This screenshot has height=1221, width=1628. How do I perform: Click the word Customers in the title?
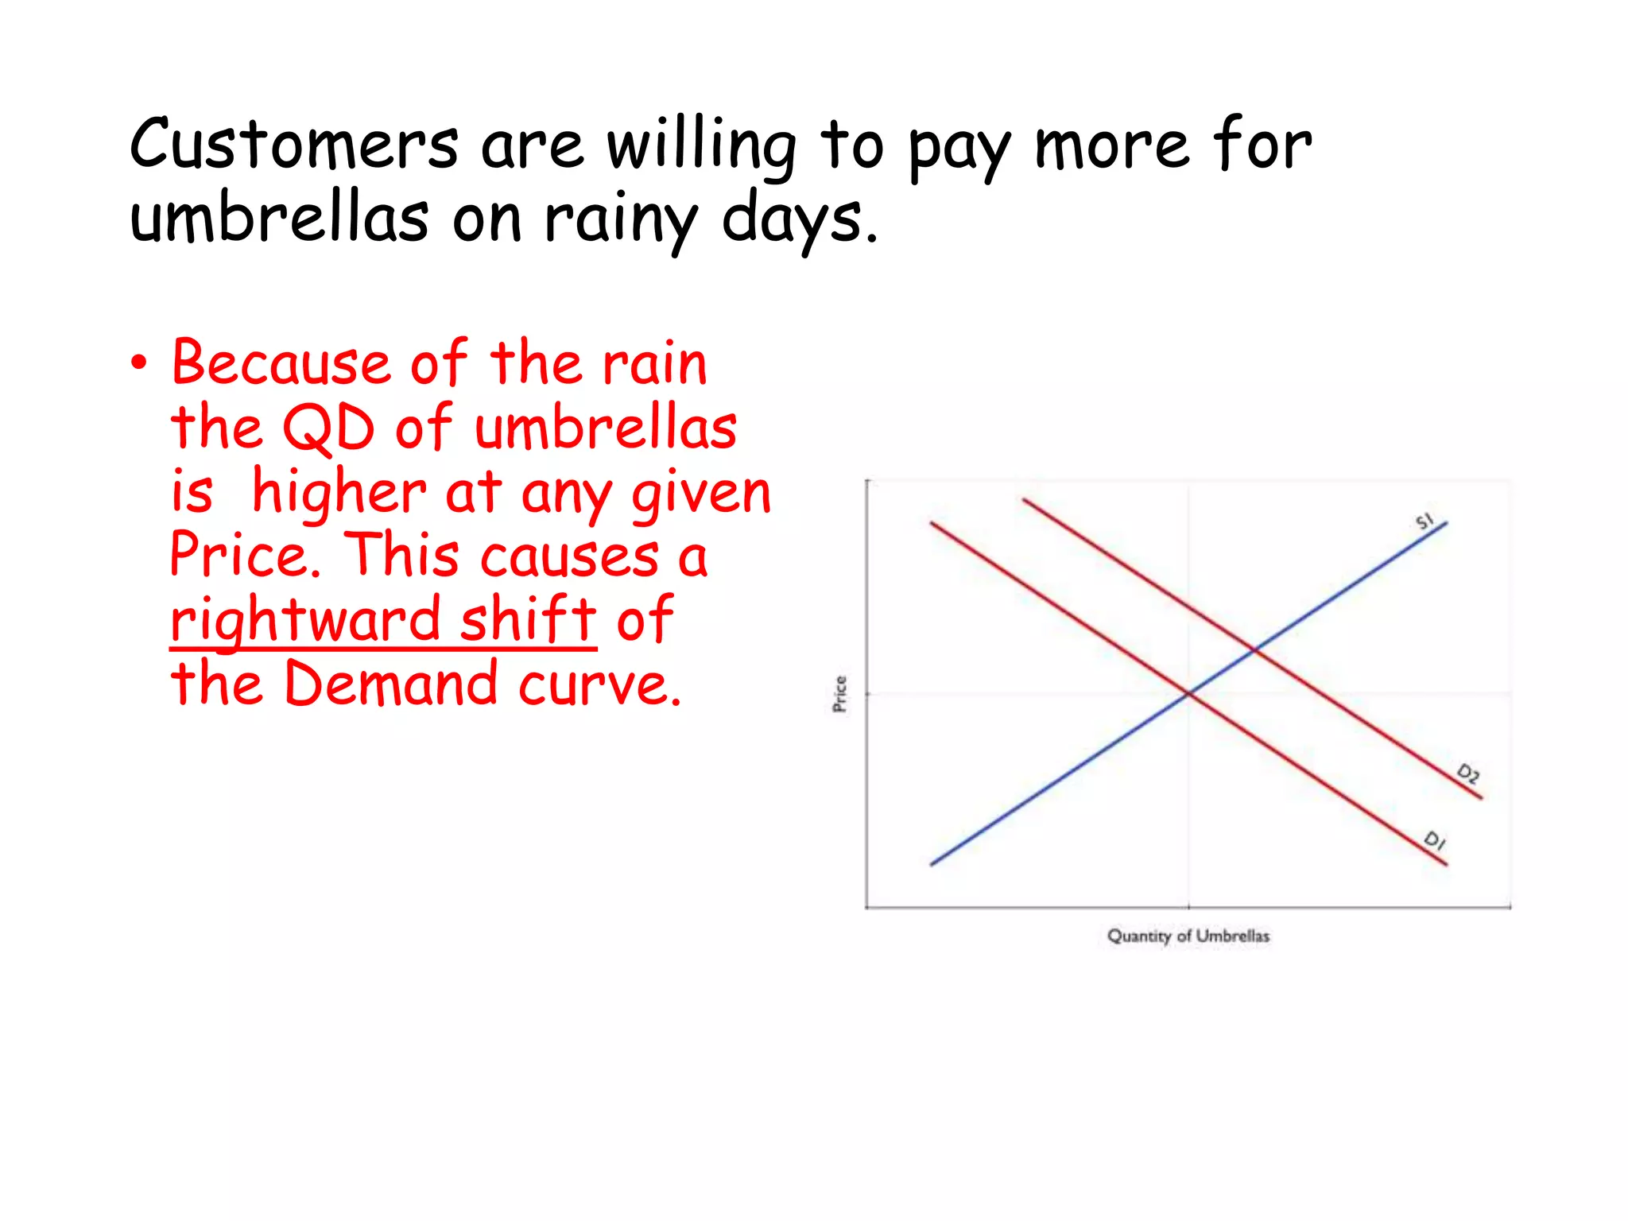tap(294, 145)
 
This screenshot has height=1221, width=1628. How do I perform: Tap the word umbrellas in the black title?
tap(279, 218)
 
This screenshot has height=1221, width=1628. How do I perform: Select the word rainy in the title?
tap(621, 220)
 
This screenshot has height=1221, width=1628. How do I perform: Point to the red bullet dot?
tap(140, 363)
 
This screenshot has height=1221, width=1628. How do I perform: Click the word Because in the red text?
tap(281, 363)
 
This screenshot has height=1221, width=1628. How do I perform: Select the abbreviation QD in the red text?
tap(328, 428)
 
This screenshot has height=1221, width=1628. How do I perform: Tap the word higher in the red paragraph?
tap(339, 492)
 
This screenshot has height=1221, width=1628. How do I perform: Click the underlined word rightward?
tap(305, 620)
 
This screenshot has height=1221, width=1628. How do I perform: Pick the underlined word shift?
tap(528, 620)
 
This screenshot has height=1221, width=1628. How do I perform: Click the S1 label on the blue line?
tap(1424, 521)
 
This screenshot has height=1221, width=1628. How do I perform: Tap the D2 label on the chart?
tap(1467, 773)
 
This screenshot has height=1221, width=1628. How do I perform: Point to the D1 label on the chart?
tap(1434, 840)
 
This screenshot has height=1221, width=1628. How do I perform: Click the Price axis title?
tap(840, 694)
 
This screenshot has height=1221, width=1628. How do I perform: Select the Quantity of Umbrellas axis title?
tap(1188, 936)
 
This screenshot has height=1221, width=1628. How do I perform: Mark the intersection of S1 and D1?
tap(1189, 694)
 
